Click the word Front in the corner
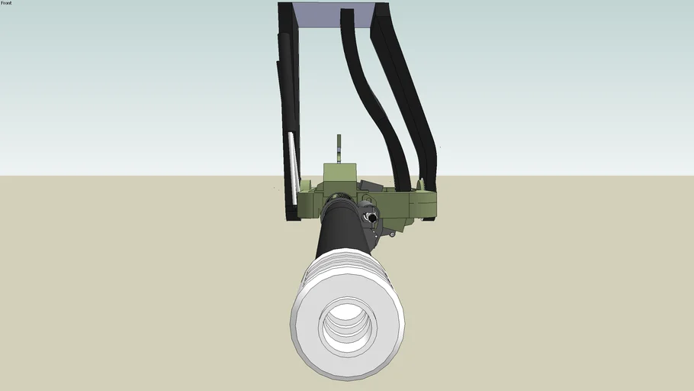pos(6,3)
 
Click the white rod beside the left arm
pos(293,168)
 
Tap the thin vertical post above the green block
pos(339,148)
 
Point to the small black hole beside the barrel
pos(372,217)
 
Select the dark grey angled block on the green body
pos(372,186)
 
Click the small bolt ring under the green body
pos(391,234)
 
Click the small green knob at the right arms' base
pos(420,183)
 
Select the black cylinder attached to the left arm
pos(284,61)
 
